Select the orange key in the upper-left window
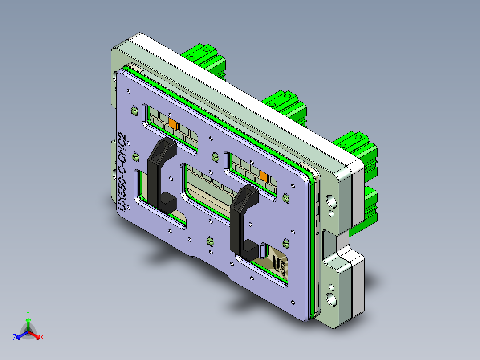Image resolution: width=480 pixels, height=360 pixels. coord(173,123)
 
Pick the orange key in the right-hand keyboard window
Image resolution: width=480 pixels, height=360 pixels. coord(264,176)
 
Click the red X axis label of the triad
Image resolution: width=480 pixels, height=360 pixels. coord(42,337)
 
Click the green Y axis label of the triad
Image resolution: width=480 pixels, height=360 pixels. coord(28,313)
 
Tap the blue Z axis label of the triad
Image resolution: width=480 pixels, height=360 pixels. coord(15,337)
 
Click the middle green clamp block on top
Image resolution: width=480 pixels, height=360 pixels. coord(285,105)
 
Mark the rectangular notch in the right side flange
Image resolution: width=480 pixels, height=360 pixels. coord(334,243)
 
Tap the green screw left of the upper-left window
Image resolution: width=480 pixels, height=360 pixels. coord(133,110)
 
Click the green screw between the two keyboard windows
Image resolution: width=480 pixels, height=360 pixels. coord(215,157)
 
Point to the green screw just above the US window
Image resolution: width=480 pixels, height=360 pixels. coord(285,243)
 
